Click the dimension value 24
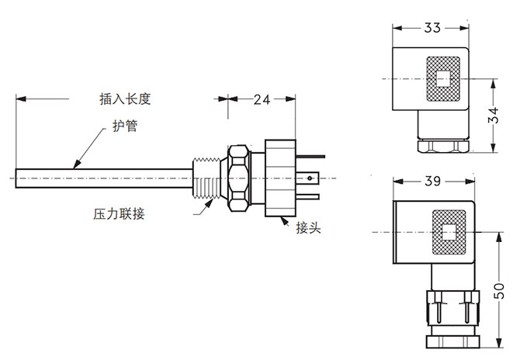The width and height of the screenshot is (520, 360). (x=262, y=99)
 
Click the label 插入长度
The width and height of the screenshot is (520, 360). (x=124, y=99)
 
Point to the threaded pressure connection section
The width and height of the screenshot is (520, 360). (x=207, y=178)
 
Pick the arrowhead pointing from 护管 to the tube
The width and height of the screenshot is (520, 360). (x=75, y=165)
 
